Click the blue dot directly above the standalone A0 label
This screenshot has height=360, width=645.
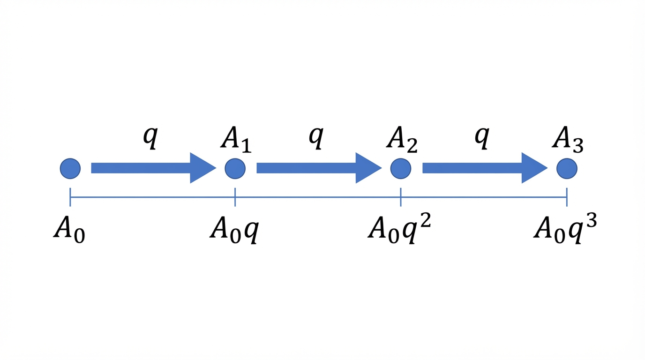(x=70, y=168)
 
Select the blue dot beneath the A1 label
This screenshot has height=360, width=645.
(x=235, y=168)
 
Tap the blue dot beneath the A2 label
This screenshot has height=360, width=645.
(x=400, y=168)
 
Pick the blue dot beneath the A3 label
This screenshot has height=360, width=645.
(x=567, y=168)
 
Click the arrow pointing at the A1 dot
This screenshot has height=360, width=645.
(x=154, y=168)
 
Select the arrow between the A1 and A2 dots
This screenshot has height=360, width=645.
(x=319, y=168)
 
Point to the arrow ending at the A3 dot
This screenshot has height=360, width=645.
(x=485, y=168)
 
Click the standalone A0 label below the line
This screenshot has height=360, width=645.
(x=69, y=230)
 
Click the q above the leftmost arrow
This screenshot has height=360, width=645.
(x=150, y=138)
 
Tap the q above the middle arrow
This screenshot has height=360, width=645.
(x=316, y=138)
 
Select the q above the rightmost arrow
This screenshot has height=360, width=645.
(x=482, y=138)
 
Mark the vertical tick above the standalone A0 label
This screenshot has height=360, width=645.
(x=70, y=197)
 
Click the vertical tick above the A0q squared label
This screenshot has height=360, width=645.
(x=400, y=197)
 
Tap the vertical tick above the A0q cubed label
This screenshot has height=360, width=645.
(x=567, y=197)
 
